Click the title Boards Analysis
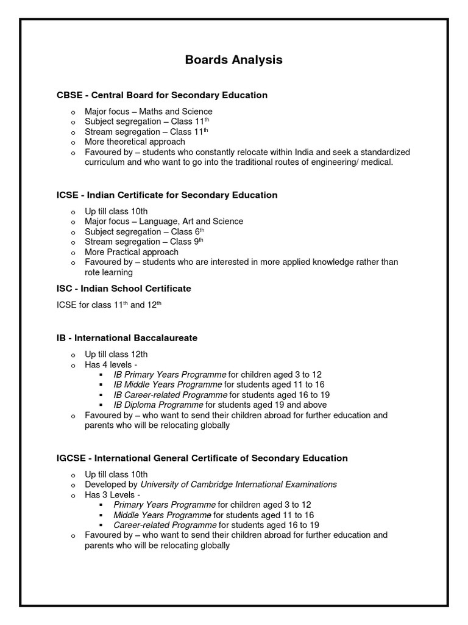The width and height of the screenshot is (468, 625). tap(234, 60)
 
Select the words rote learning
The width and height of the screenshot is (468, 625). tap(108, 273)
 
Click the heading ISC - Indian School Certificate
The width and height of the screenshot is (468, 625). tap(124, 288)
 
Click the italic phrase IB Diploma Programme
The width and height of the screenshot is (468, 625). tap(158, 405)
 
